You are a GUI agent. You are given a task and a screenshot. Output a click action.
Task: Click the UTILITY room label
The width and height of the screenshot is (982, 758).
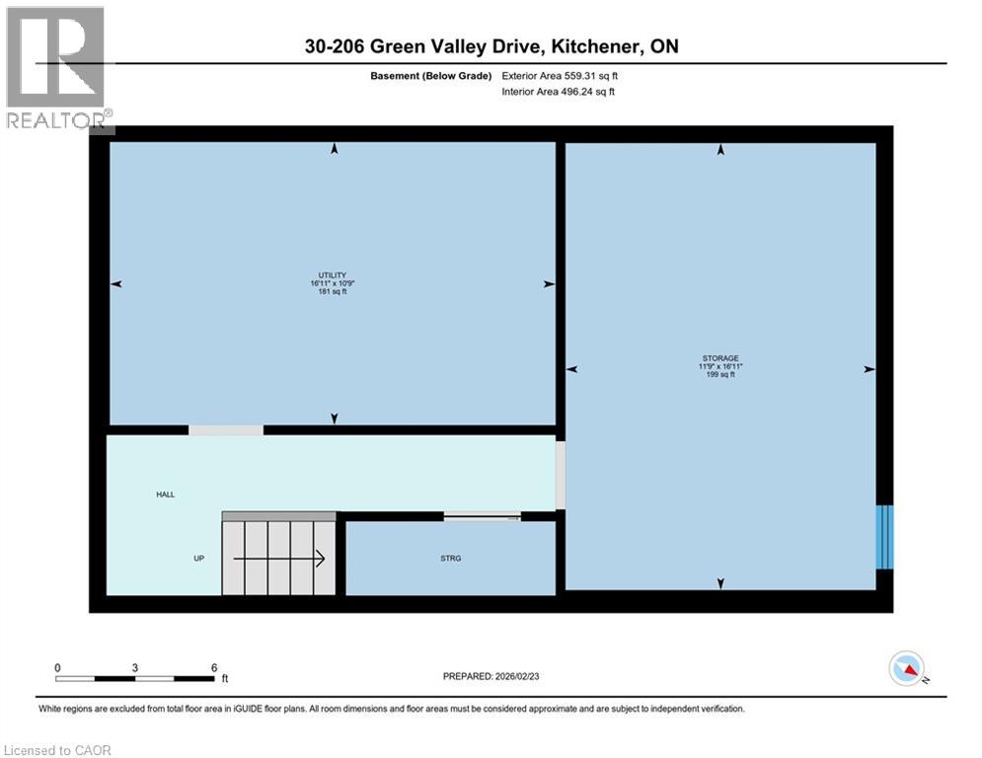331,275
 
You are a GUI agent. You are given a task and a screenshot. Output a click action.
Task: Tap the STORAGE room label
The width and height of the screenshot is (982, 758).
720,358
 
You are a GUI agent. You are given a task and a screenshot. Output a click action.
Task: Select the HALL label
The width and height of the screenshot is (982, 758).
165,494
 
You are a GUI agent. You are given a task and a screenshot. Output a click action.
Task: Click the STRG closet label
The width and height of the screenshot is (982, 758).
450,559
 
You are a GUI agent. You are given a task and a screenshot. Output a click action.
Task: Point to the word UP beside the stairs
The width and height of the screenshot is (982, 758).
198,559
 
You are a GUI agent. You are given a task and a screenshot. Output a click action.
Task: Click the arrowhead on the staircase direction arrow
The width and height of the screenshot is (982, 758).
321,560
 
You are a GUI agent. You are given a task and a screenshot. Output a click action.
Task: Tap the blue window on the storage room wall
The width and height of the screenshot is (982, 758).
885,537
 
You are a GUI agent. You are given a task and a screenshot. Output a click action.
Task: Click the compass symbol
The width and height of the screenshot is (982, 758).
908,668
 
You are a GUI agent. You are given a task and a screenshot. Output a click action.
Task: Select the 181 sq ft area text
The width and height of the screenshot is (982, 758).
331,292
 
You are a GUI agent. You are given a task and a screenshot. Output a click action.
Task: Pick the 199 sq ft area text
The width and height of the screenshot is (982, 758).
720,375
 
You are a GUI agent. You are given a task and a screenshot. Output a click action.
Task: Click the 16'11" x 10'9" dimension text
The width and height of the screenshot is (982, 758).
332,284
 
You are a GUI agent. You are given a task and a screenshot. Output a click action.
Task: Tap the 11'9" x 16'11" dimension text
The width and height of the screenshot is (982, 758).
720,366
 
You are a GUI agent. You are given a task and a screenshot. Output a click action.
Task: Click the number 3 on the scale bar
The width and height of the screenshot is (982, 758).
135,667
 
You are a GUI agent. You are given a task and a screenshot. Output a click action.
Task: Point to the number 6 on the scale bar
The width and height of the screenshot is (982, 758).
213,667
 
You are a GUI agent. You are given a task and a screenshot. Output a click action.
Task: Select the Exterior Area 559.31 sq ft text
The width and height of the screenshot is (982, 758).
560,75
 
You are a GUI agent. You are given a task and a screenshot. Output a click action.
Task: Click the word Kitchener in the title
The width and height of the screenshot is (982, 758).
586,46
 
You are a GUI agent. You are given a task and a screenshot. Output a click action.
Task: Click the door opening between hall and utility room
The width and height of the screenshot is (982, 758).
226,430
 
